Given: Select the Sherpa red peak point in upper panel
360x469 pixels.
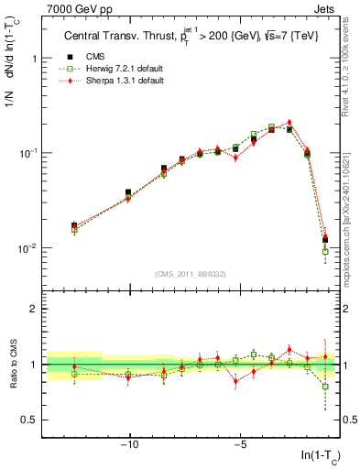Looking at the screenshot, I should coord(289,122).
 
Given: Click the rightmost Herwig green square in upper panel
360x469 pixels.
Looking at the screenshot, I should coord(325,252).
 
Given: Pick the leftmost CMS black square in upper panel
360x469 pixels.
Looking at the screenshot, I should coord(74,225).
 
